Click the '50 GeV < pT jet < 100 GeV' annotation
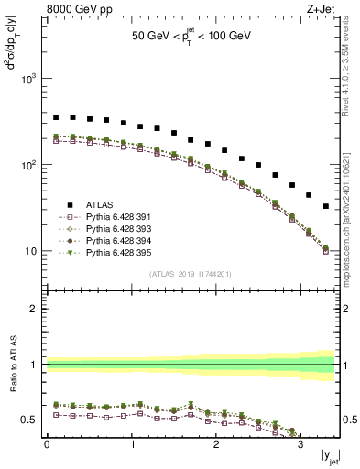tap(192, 40)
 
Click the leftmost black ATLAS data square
tap(56, 117)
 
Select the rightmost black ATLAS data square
tap(326, 207)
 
